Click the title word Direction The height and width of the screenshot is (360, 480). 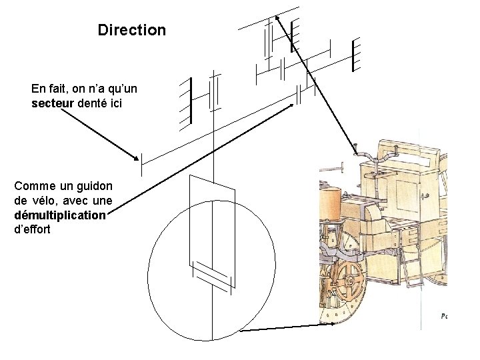(131, 31)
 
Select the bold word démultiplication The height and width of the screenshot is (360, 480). (59, 215)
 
